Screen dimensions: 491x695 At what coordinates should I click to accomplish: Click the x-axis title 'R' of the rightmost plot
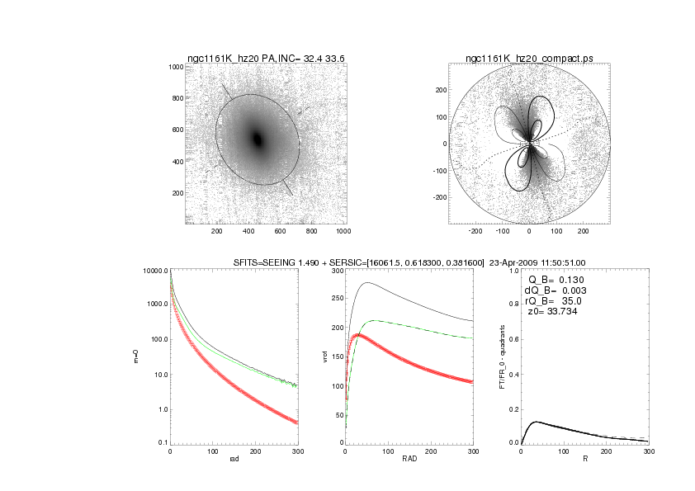[x=584, y=460]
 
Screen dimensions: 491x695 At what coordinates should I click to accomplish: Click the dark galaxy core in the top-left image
[x=257, y=139]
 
